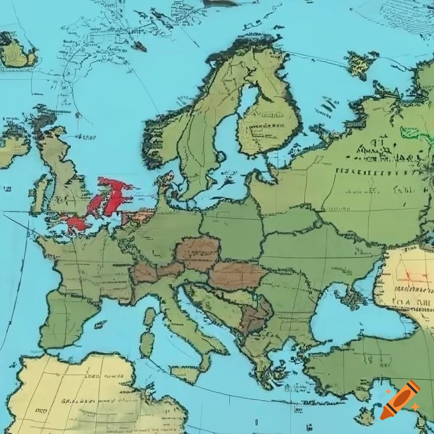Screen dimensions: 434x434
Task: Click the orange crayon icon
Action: point(400,400)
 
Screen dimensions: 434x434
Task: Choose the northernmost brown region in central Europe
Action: point(198,253)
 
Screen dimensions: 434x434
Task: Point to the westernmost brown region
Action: point(143,273)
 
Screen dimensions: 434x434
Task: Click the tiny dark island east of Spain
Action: point(100,324)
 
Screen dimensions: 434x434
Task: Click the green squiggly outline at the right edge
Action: point(417,135)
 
